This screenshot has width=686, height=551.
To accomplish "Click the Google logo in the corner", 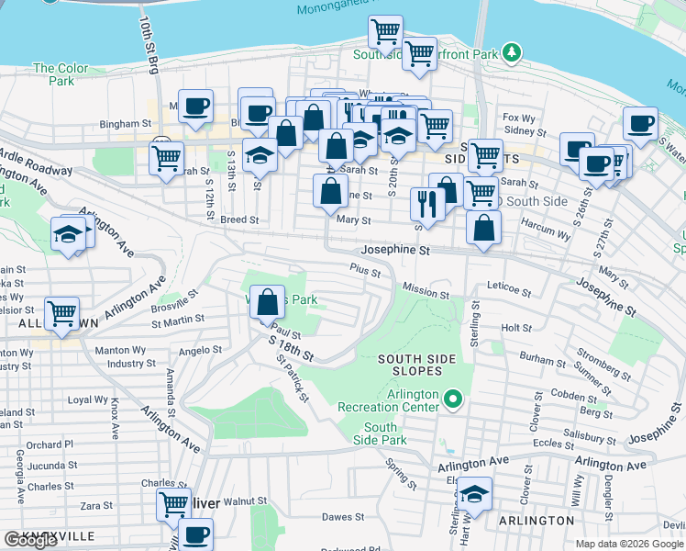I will coord(30,540).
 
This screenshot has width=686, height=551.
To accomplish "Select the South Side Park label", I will coord(381,433).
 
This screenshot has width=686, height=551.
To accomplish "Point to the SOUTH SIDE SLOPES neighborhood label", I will coord(411,364).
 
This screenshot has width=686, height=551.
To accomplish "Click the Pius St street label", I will coord(364,269).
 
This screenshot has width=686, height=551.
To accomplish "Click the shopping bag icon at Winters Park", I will coord(266,303).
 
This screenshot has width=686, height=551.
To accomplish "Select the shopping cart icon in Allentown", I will coord(62,314).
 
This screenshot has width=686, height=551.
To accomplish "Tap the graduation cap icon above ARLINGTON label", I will coord(474,494).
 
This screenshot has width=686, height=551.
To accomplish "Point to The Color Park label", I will coord(61,74).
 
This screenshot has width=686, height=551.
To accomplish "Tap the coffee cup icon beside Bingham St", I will coord(195,107).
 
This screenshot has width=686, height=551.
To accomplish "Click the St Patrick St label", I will coord(292,378).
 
